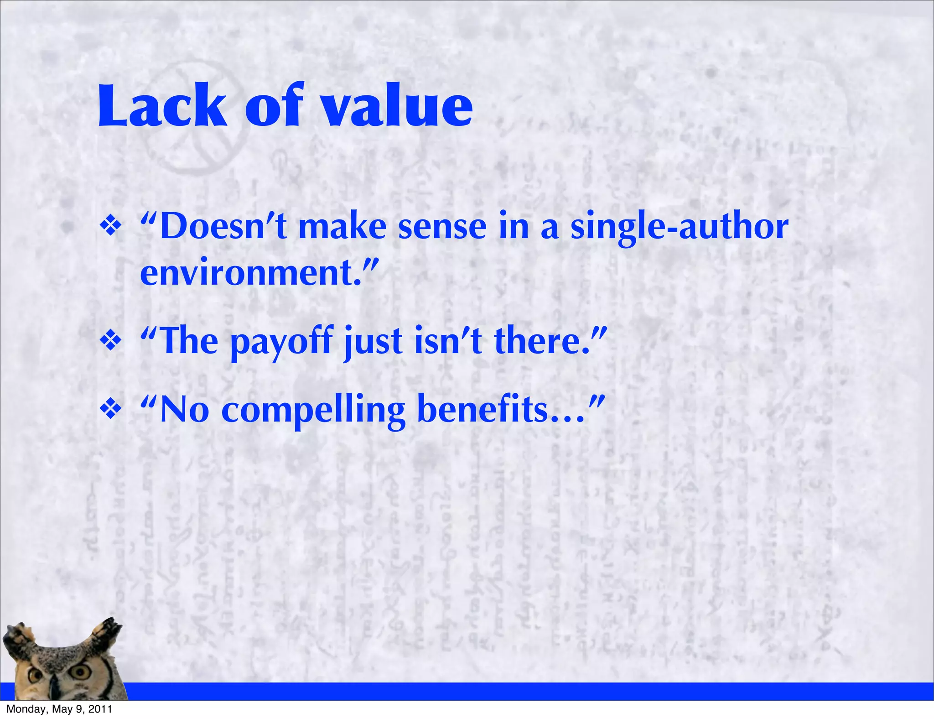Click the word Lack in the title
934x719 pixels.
pyautogui.click(x=162, y=106)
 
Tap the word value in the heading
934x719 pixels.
pyautogui.click(x=397, y=106)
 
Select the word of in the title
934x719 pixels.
pyautogui.click(x=274, y=106)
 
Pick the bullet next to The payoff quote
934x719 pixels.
pyautogui.click(x=111, y=341)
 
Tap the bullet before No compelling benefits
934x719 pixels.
pyautogui.click(x=111, y=409)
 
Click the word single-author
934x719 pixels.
pyautogui.click(x=680, y=227)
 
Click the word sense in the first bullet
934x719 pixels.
pyautogui.click(x=442, y=227)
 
